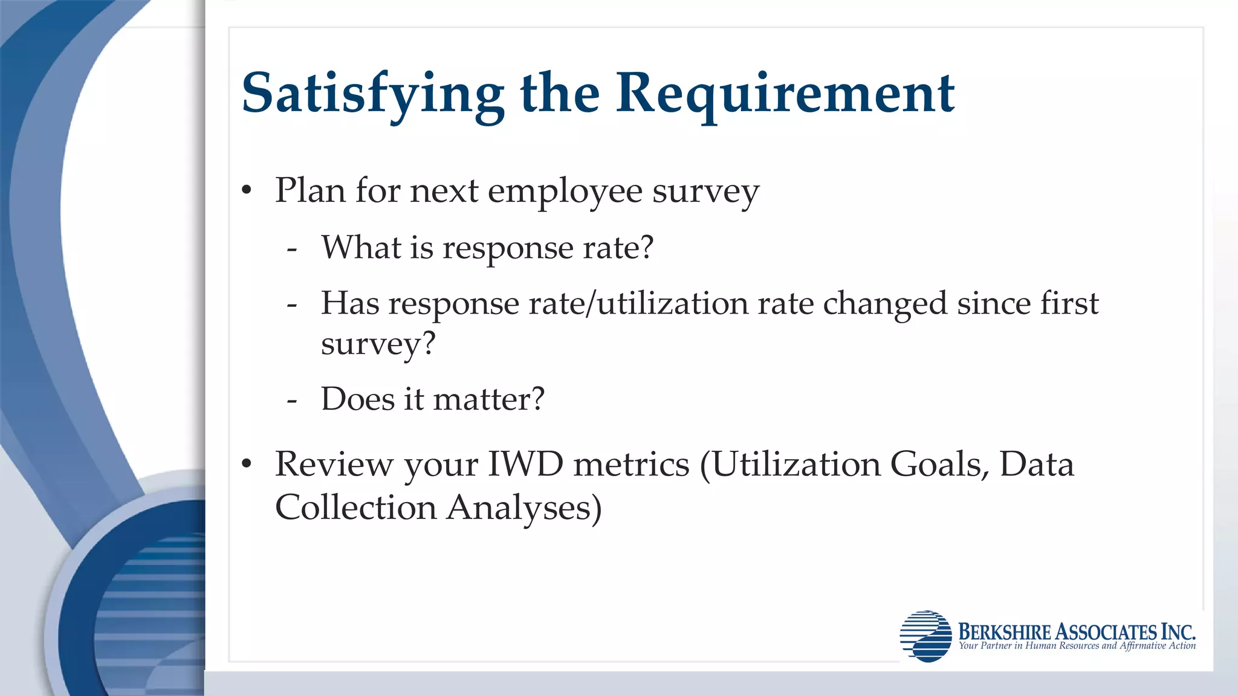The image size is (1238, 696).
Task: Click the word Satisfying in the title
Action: point(372,94)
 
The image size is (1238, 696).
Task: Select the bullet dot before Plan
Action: point(246,191)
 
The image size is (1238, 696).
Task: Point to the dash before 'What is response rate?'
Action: point(292,248)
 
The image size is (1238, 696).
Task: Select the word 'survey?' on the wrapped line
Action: point(378,344)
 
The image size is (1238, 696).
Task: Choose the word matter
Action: point(481,399)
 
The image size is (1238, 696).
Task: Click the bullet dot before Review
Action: point(246,465)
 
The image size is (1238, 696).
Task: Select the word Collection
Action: point(355,507)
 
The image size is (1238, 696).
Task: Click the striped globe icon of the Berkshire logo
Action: point(925,636)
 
